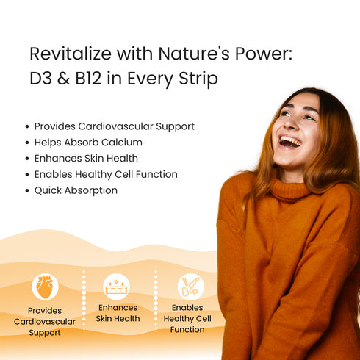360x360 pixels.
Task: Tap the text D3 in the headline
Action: (40, 79)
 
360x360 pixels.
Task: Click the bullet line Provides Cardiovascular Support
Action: (114, 126)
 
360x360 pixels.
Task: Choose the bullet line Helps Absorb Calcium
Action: (88, 143)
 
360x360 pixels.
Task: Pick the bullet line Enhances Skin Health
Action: (86, 158)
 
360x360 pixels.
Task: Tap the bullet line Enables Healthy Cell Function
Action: (106, 174)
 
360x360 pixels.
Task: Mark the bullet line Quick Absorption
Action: (76, 190)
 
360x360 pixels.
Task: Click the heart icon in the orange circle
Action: (45, 287)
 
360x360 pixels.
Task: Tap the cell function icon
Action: (191, 287)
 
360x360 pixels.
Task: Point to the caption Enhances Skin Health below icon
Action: (118, 313)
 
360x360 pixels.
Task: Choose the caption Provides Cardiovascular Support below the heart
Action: (45, 322)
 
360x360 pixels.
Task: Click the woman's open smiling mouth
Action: (289, 140)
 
